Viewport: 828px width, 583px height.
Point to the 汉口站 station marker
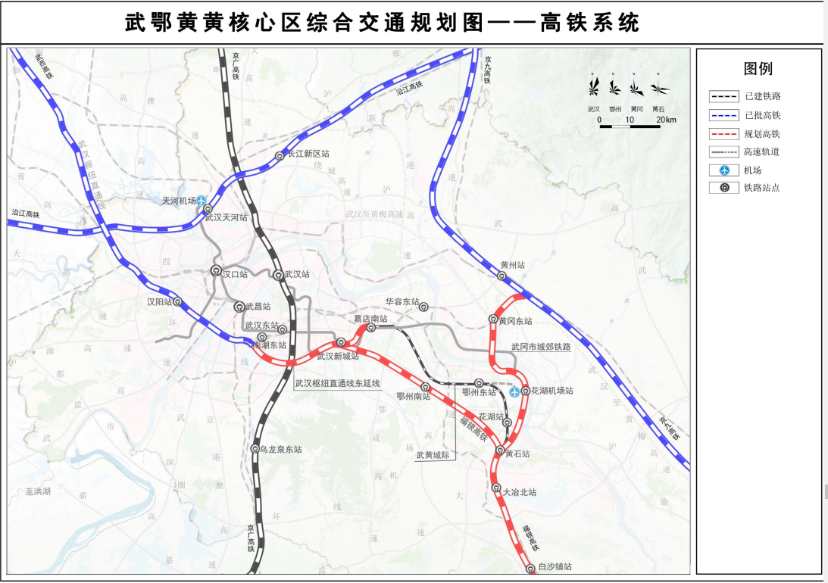(x=216, y=270)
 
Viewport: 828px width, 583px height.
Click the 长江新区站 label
(x=308, y=154)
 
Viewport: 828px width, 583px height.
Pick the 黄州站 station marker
(x=501, y=276)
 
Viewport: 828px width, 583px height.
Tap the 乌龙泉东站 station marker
(x=255, y=449)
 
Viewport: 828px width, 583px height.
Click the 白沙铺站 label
(x=555, y=567)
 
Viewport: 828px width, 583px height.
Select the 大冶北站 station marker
(x=496, y=488)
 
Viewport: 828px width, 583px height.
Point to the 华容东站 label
(x=402, y=301)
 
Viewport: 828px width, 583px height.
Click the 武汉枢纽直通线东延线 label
(x=337, y=383)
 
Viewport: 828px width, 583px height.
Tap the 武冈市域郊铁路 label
(x=540, y=347)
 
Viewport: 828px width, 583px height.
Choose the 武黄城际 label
(x=433, y=456)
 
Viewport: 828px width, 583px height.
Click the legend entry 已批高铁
(x=762, y=115)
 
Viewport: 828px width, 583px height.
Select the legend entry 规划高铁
(x=762, y=133)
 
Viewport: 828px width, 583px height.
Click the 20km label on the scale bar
(x=666, y=120)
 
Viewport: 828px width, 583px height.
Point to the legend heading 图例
(x=758, y=69)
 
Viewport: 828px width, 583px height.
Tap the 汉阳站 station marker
(x=178, y=301)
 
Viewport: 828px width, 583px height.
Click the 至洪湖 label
(x=37, y=491)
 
